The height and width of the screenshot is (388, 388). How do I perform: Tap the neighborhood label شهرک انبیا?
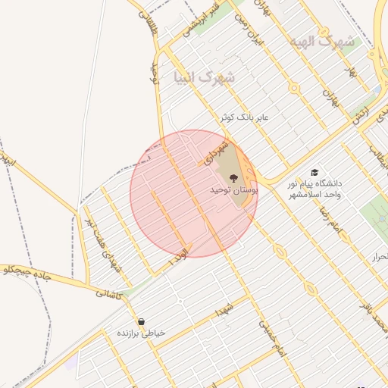(205, 77)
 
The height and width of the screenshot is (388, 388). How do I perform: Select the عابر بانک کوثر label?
(244, 118)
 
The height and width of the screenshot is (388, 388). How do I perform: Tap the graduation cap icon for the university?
(315, 172)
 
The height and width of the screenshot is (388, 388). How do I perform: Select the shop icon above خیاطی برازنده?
(142, 321)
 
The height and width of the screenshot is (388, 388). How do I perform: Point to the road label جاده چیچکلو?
(26, 273)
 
